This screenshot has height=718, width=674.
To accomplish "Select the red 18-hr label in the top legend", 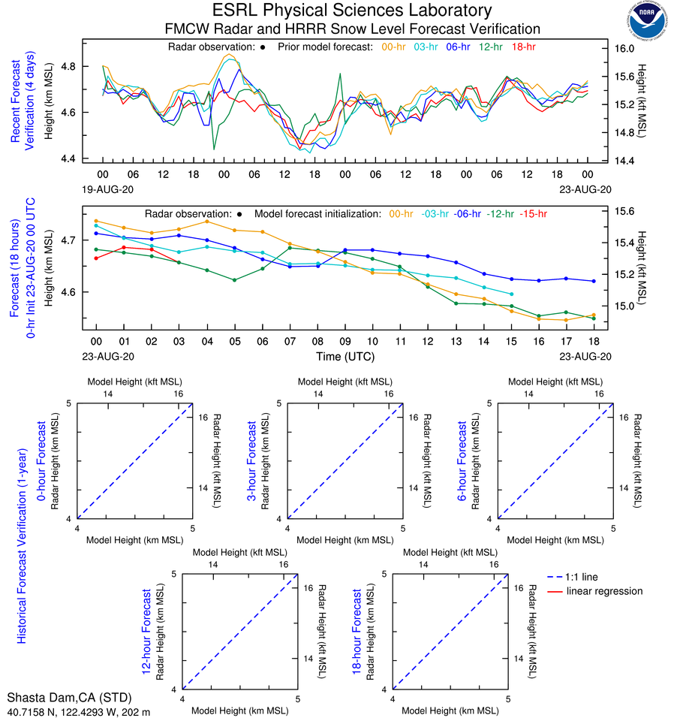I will (524, 47).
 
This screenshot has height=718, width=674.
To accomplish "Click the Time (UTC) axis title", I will (345, 357).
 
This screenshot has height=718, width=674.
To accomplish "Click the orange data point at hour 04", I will (207, 221).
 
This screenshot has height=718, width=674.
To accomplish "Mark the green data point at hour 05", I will (235, 280).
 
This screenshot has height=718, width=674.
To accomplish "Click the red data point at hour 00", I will (96, 258).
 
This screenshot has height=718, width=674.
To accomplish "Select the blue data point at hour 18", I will (594, 281).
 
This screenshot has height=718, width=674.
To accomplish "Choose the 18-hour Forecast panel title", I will (358, 631).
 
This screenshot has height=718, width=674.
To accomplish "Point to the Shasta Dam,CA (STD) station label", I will (62, 698).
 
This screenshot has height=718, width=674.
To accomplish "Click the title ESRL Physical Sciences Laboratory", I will (352, 11).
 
